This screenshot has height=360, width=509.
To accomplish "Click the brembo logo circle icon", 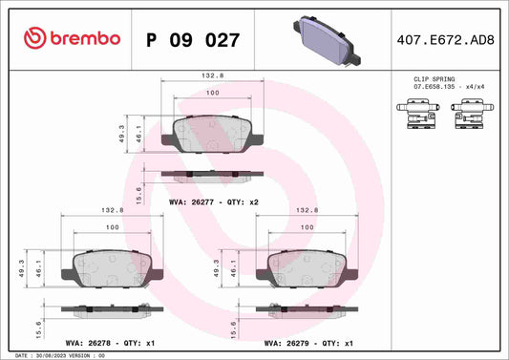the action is tap(34, 38).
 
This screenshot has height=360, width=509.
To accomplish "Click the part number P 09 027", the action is tap(193, 40).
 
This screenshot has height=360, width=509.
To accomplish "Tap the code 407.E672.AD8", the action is tap(445, 40).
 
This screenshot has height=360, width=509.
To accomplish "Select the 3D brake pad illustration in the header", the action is tap(327, 40).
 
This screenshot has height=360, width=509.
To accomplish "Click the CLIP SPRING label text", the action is tap(434, 79).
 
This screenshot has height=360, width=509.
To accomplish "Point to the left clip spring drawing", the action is tap(418, 114).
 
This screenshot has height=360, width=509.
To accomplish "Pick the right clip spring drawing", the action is tap(473, 114).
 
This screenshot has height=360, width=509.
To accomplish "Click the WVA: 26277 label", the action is tap(192, 201).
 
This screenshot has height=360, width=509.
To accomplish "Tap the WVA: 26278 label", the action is tap(88, 343).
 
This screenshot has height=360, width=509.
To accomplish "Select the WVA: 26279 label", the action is tap(286, 343).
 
